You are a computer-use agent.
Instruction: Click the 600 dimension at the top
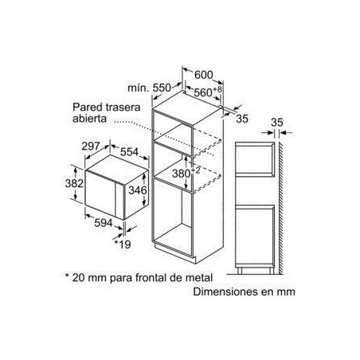click(x=203, y=75)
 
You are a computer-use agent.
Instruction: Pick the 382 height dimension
click(x=72, y=183)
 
